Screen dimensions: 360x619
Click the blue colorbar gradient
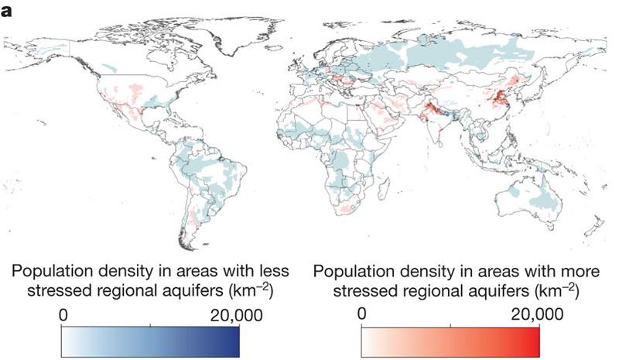coord(150,339)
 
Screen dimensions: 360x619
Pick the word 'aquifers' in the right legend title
coord(501,293)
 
